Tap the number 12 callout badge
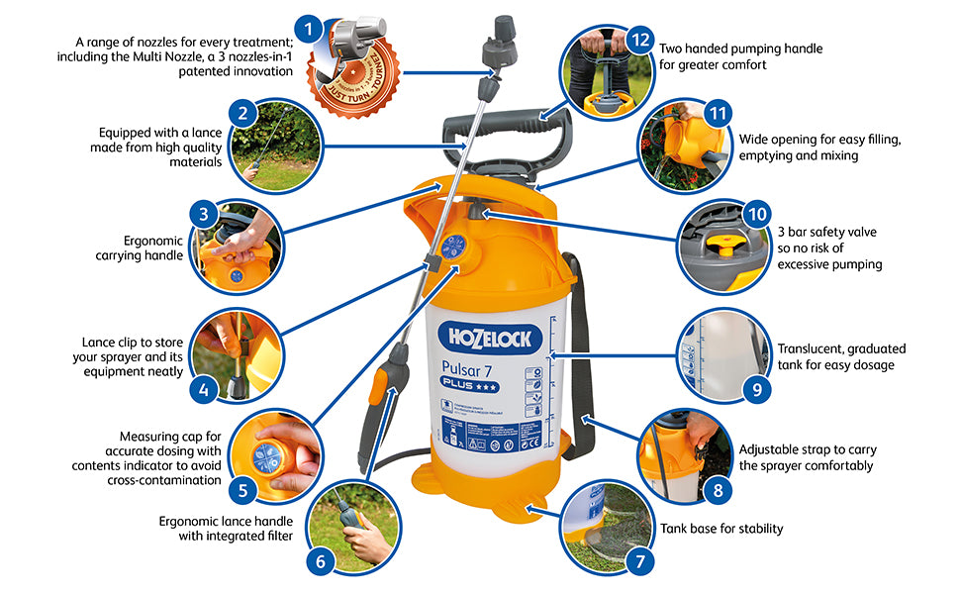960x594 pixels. (x=641, y=41)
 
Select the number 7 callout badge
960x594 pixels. (x=640, y=562)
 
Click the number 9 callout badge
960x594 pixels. (x=756, y=388)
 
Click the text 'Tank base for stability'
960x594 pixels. (x=721, y=529)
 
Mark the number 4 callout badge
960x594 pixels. (x=203, y=388)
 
